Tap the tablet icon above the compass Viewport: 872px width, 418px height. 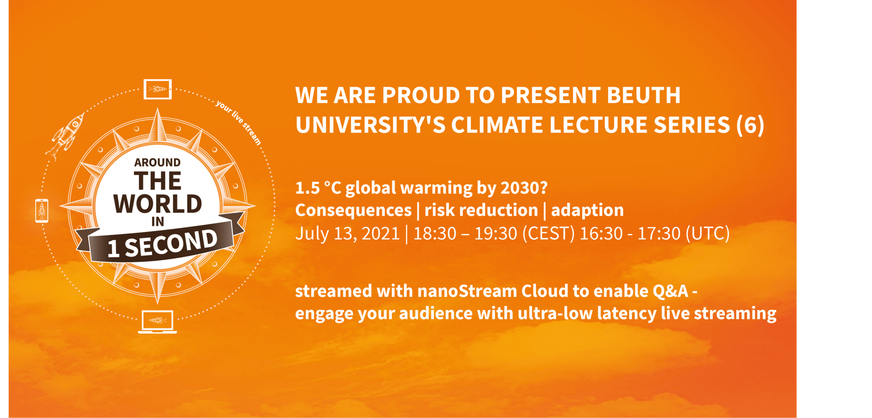tap(158, 89)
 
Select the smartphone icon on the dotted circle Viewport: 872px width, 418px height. tap(42, 211)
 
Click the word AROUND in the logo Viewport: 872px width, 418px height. tap(158, 162)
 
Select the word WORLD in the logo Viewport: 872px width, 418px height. tap(158, 204)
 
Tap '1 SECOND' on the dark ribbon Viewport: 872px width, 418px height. tap(162, 244)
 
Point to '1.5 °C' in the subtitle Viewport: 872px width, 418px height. tap(318, 188)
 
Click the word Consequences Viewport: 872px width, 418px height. tap(353, 210)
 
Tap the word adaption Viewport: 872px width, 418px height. tap(588, 211)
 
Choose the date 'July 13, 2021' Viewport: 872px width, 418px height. tap(348, 234)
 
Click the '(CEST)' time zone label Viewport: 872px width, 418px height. tap(548, 234)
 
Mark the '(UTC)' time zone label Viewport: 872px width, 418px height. tap(707, 234)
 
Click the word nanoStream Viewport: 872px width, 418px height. tap(468, 291)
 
